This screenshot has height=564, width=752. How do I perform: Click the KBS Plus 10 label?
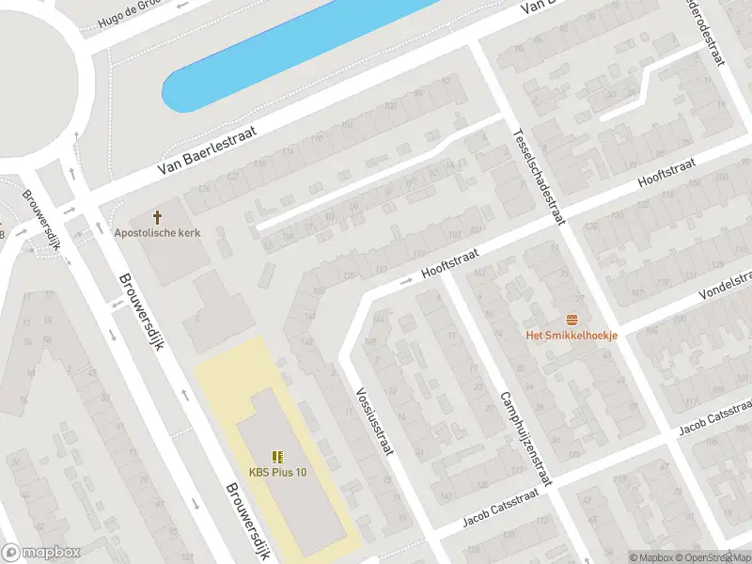277,472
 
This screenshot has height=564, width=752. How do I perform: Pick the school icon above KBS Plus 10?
277,457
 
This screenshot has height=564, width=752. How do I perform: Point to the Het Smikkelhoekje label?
571,335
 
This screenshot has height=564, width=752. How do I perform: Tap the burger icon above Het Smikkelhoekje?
571,320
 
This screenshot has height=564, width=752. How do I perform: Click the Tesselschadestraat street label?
539,176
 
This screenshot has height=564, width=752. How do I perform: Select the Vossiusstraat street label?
373,422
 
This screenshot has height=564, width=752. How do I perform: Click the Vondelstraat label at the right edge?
725,285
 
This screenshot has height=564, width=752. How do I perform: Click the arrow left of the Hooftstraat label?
407,281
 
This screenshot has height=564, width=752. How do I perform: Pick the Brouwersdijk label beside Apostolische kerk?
142,310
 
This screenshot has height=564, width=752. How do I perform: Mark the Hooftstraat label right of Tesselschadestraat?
666,171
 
